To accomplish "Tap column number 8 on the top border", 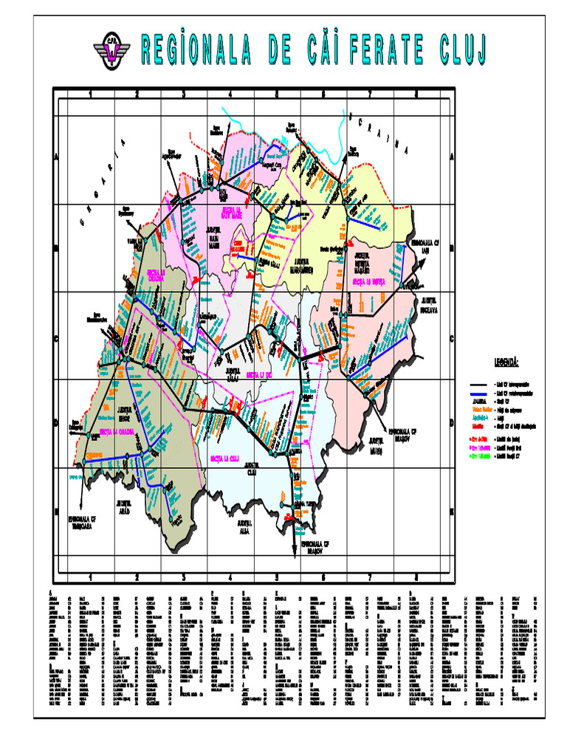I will pyautogui.click(x=416, y=94).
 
